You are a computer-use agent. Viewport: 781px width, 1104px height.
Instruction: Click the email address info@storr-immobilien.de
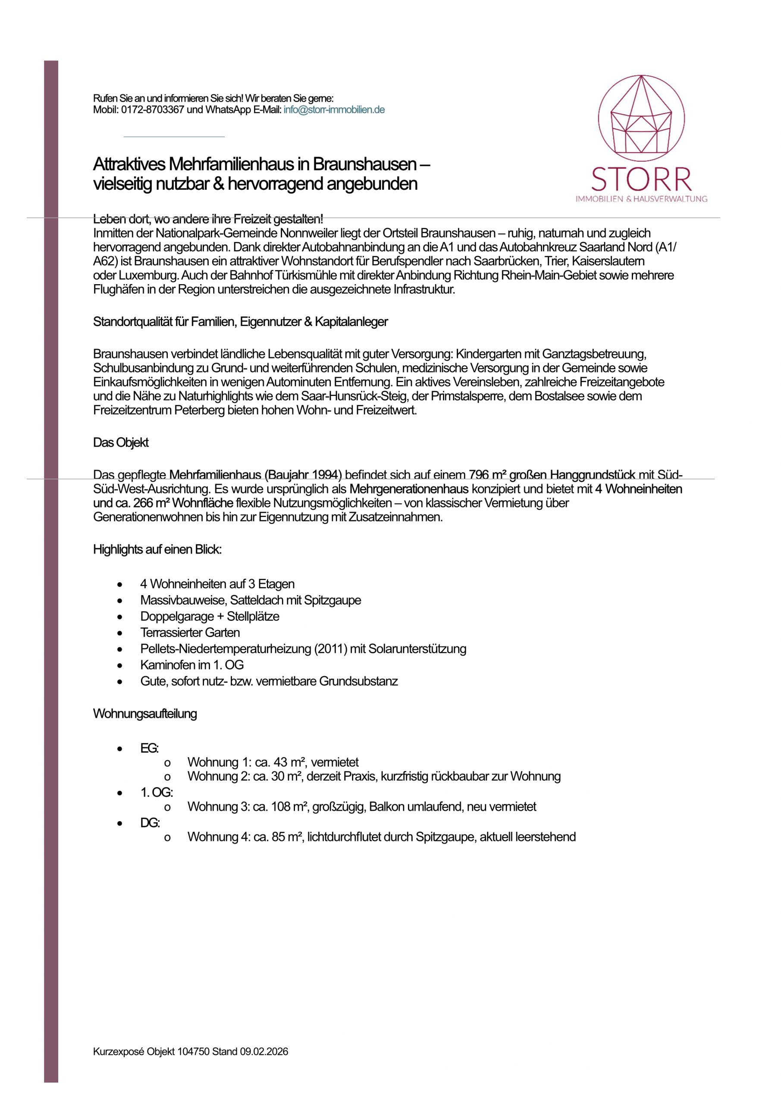tap(334, 110)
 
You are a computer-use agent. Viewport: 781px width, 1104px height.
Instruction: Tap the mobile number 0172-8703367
tap(153, 110)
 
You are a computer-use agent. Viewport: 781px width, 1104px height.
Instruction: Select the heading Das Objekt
tap(121, 442)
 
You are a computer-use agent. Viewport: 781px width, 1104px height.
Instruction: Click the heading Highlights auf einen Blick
tap(157, 549)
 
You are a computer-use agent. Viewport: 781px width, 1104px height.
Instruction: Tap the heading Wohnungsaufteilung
tap(145, 714)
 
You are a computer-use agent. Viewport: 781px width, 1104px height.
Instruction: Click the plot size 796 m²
tap(487, 475)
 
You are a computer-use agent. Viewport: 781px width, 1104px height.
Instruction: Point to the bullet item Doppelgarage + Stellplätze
tap(210, 616)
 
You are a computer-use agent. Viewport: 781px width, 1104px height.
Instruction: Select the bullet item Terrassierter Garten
tap(190, 632)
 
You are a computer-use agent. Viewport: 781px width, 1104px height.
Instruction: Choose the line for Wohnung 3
tap(362, 806)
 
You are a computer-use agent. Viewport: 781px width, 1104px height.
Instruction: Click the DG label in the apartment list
tap(150, 823)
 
